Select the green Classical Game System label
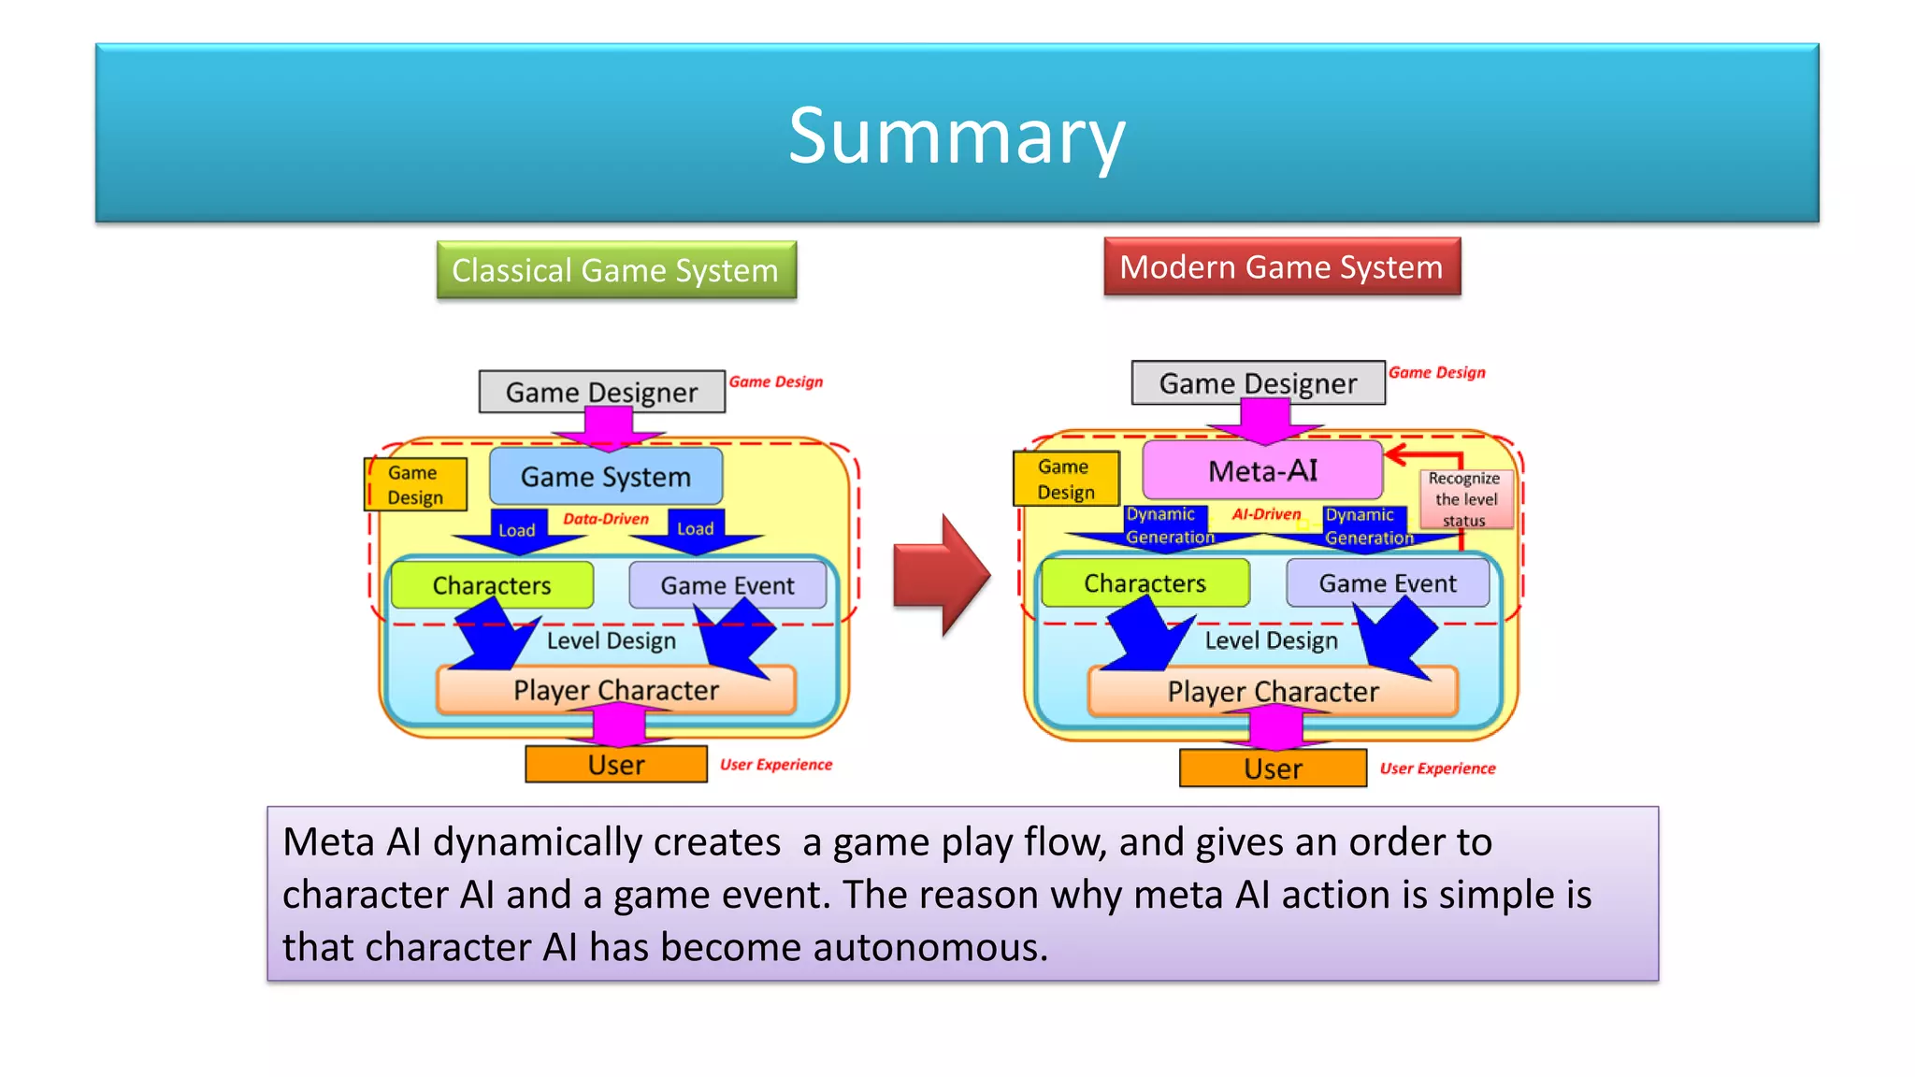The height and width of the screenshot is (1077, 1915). pyautogui.click(x=615, y=270)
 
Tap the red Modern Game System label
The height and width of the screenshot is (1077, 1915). pyautogui.click(x=1281, y=267)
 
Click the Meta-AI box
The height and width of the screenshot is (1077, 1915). pyautogui.click(x=1262, y=470)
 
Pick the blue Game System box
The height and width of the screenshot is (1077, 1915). pyautogui.click(x=605, y=477)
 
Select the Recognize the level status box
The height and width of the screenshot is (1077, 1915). pyautogui.click(x=1464, y=499)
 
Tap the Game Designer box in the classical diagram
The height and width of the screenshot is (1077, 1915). pyautogui.click(x=601, y=392)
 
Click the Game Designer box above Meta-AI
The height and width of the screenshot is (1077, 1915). pyautogui.click(x=1258, y=383)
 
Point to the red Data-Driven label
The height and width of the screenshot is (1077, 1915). pyautogui.click(x=605, y=519)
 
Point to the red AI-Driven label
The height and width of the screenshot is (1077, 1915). pyautogui.click(x=1266, y=514)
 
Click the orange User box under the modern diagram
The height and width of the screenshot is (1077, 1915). pyautogui.click(x=1272, y=768)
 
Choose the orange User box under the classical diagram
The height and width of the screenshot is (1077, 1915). pyautogui.click(x=615, y=765)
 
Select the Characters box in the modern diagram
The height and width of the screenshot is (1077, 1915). pyautogui.click(x=1145, y=583)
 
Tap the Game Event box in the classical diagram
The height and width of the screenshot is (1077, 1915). pyautogui.click(x=727, y=585)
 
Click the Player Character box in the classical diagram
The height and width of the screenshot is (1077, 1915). pyautogui.click(x=615, y=690)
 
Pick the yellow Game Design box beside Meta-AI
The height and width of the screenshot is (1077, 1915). pyautogui.click(x=1065, y=479)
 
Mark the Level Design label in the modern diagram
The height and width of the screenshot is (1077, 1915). pyautogui.click(x=1271, y=640)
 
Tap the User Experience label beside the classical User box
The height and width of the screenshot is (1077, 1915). pyautogui.click(x=775, y=765)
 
